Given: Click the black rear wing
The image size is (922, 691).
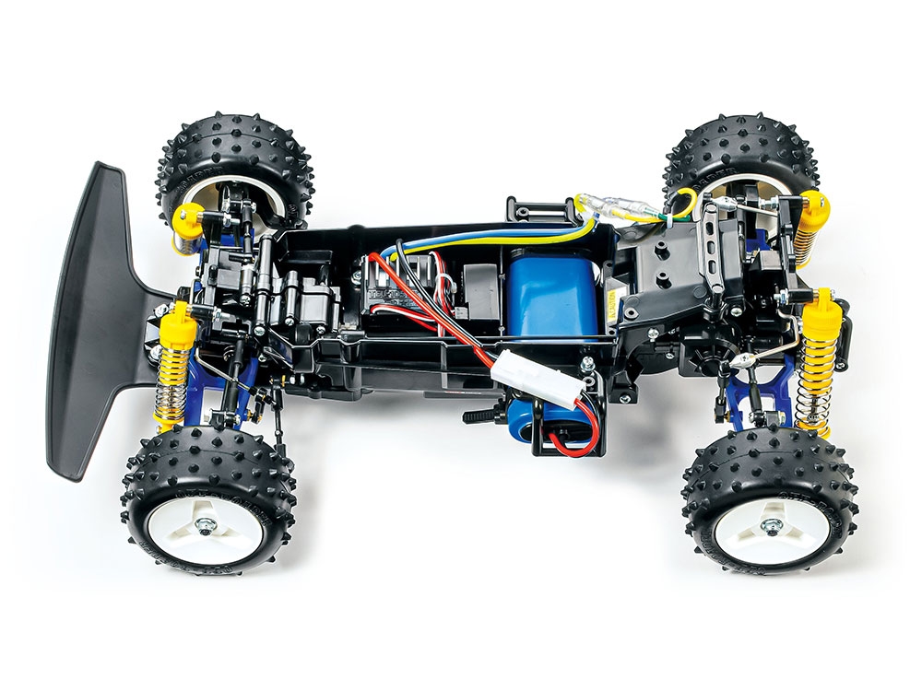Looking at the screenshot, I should pyautogui.click(x=92, y=313).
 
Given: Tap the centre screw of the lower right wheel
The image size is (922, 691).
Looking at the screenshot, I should pyautogui.click(x=767, y=527).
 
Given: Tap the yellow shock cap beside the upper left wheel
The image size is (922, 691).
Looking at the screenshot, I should pyautogui.click(x=188, y=218).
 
